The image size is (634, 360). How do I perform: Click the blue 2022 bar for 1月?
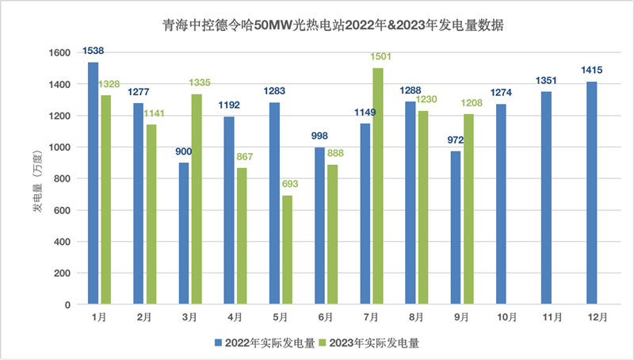(x=94, y=183)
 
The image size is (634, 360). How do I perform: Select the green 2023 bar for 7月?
(x=378, y=186)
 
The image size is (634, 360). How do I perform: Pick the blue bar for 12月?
(x=592, y=193)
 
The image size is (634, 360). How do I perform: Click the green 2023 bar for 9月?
(x=468, y=209)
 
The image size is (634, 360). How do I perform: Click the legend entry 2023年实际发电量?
(x=372, y=343)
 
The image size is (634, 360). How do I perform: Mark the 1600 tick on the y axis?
(x=60, y=52)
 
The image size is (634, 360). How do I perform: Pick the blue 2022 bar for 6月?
(x=319, y=226)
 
